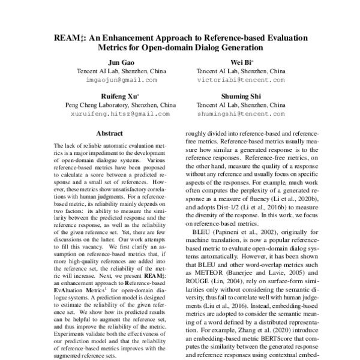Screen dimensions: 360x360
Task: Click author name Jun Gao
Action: (117, 62)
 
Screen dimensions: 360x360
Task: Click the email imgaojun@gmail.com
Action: (117, 79)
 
